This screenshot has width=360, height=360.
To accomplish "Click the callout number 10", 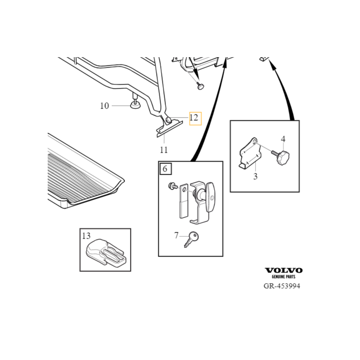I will [x=104, y=106].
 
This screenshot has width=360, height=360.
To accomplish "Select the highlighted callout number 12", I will [x=194, y=118].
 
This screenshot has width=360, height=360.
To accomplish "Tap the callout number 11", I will [x=163, y=150].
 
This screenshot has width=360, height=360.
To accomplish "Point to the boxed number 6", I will [x=165, y=169].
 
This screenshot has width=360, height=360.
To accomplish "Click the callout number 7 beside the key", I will [x=176, y=235].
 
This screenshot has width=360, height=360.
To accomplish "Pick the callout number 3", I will [x=255, y=176].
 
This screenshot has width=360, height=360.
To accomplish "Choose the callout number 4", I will [x=283, y=139].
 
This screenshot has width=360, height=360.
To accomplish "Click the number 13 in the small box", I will [x=86, y=235].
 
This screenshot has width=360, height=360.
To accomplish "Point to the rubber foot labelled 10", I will [x=135, y=105].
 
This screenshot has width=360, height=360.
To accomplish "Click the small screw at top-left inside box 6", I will [x=171, y=185].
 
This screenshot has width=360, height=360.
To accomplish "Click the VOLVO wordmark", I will [x=283, y=270].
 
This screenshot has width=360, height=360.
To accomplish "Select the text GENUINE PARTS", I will [x=283, y=278].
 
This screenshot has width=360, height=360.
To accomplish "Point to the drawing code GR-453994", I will [x=282, y=287].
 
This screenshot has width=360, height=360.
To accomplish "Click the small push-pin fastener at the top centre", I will [x=201, y=85].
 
